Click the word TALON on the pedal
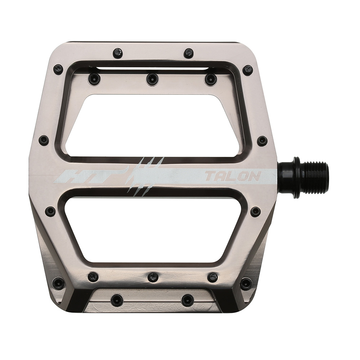point(233,176)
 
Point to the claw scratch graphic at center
point(144,176)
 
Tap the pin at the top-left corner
point(58,69)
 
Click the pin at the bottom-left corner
point(58,283)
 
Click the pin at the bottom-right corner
point(246,283)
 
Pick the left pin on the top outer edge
point(117,53)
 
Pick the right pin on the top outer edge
point(189,53)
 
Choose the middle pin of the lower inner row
point(153,277)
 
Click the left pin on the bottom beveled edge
point(117,300)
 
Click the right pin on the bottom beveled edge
point(188,300)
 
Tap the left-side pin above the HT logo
point(44,140)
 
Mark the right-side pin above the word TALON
point(262,141)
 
